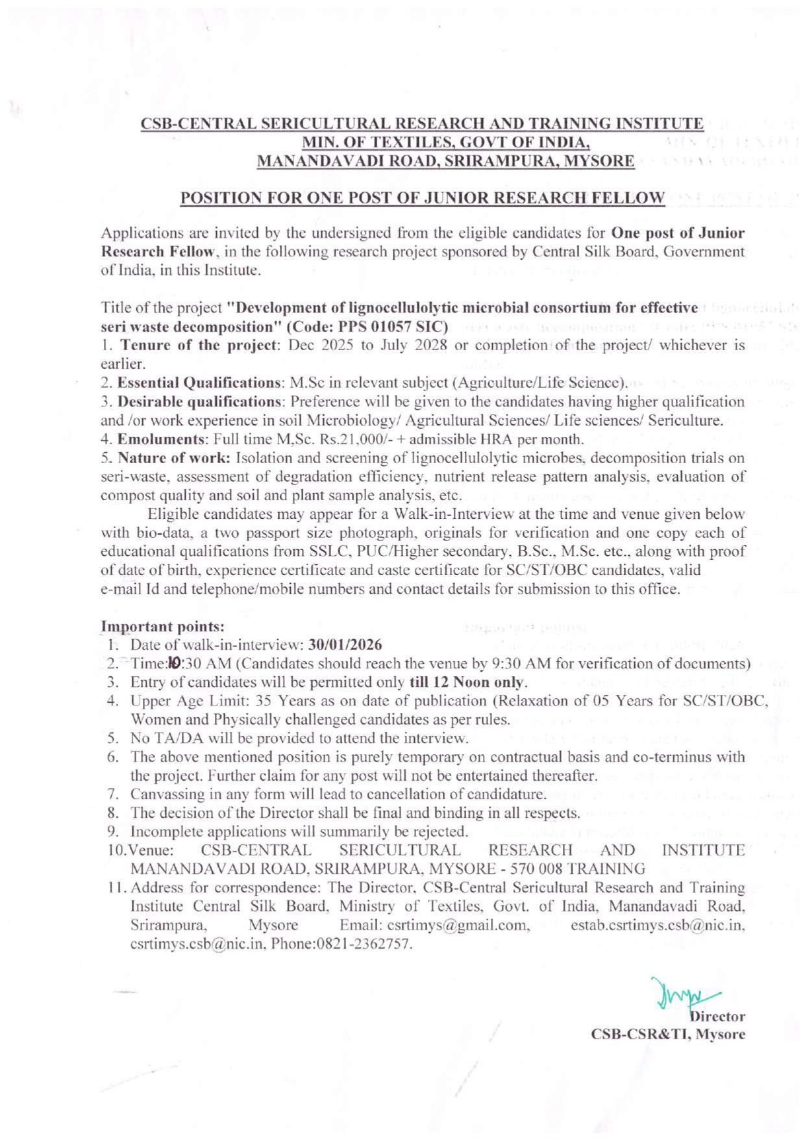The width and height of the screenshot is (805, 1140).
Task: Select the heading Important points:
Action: [163, 627]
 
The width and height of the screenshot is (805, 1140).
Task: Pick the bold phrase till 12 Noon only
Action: [467, 683]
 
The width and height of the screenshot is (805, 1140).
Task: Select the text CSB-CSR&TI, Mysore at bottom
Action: [667, 1034]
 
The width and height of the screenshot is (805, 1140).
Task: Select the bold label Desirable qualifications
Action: [199, 401]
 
